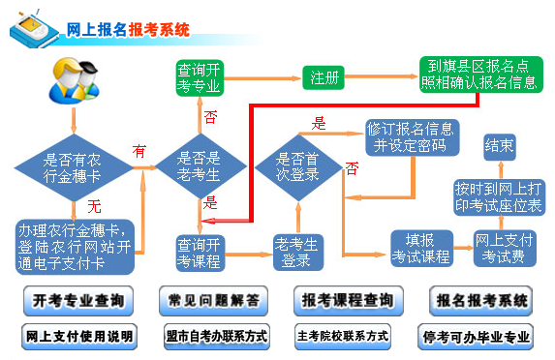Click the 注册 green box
click(326, 76)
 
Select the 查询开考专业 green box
click(199, 77)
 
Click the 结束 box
click(498, 147)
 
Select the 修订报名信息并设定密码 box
click(411, 136)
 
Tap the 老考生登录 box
click(296, 251)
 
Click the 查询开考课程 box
click(199, 251)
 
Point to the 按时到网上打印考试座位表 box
click(498, 196)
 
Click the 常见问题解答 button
click(213, 301)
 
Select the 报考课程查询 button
click(347, 301)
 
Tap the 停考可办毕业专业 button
click(477, 338)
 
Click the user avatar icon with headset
click(72, 84)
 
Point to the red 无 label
click(94, 207)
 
